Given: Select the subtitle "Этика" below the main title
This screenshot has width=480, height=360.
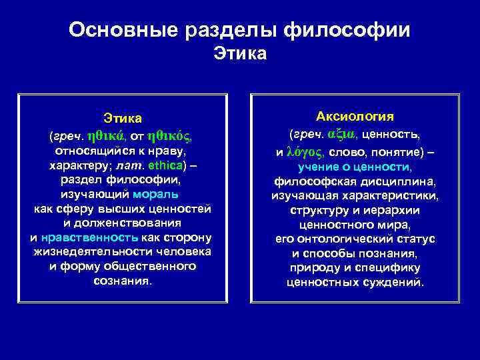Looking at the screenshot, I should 240,53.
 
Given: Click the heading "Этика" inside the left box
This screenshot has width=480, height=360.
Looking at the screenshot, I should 123,119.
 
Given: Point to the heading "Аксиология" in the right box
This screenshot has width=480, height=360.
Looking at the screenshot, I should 355,117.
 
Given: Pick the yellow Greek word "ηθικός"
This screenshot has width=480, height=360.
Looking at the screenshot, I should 169,136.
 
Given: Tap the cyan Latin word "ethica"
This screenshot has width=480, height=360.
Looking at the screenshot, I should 163,165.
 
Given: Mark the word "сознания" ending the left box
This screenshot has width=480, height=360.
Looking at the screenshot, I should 123,281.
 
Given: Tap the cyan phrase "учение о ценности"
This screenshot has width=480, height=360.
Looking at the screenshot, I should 355,167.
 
